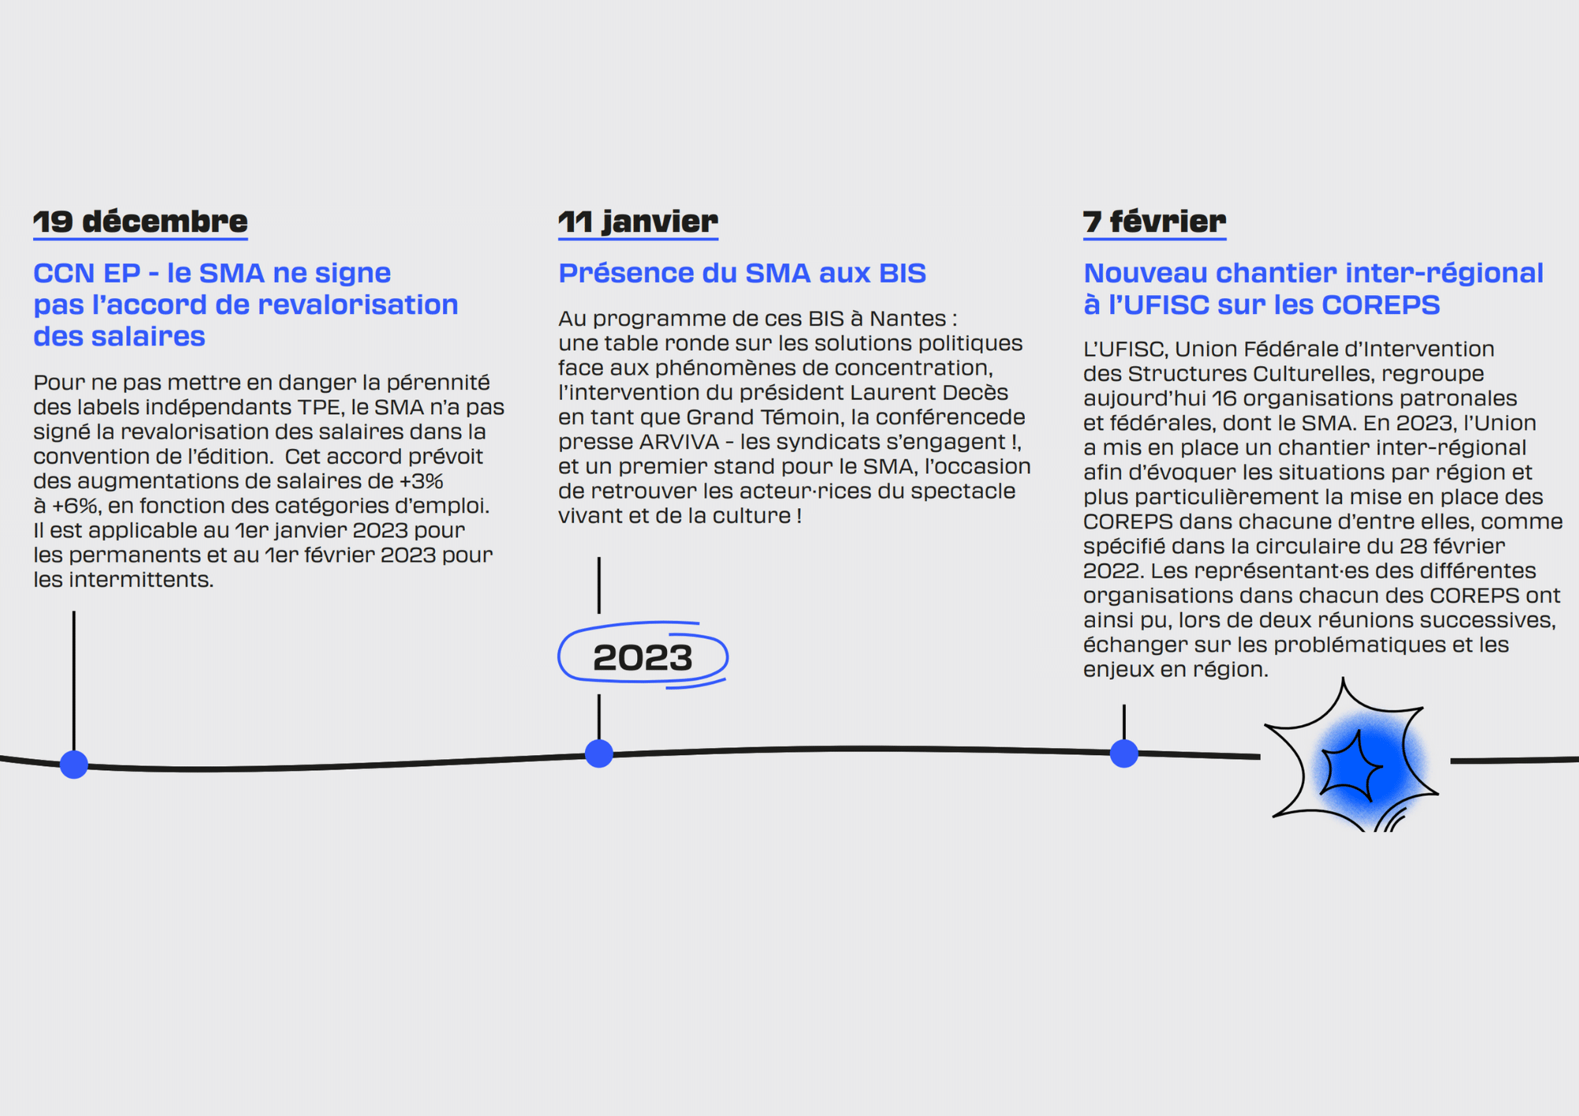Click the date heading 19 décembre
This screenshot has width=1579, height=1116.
[141, 222]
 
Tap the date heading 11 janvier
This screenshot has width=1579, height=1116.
[638, 222]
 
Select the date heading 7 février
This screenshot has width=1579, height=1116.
[1154, 222]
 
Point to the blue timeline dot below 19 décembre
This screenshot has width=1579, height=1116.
[74, 764]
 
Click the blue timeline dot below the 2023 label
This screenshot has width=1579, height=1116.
[599, 754]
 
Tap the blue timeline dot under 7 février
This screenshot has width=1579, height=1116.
[1124, 753]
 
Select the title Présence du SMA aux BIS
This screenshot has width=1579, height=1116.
[742, 273]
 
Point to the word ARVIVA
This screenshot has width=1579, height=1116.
[679, 441]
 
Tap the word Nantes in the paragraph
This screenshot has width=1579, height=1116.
[908, 318]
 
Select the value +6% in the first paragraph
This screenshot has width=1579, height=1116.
[76, 505]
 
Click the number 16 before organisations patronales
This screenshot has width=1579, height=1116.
[1225, 399]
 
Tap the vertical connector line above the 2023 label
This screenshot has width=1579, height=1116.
[599, 586]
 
